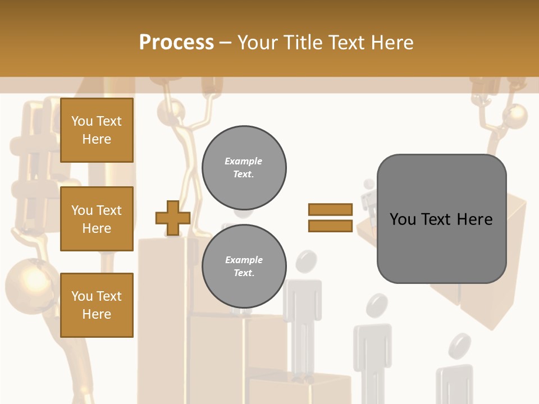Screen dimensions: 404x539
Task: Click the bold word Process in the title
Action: click(176, 43)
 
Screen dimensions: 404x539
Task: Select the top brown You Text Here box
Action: click(97, 130)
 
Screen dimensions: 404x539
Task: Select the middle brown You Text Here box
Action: click(97, 219)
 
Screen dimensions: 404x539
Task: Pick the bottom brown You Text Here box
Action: click(97, 305)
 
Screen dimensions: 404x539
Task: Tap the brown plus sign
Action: click(173, 218)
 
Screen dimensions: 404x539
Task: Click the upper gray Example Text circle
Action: click(244, 168)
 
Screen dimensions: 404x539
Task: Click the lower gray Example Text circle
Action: click(244, 267)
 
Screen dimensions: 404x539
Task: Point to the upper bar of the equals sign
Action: click(330, 209)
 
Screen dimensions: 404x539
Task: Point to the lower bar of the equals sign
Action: click(330, 226)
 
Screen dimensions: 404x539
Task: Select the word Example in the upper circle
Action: click(244, 161)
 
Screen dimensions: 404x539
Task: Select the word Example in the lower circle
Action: click(244, 260)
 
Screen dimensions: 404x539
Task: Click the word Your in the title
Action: click(258, 43)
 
